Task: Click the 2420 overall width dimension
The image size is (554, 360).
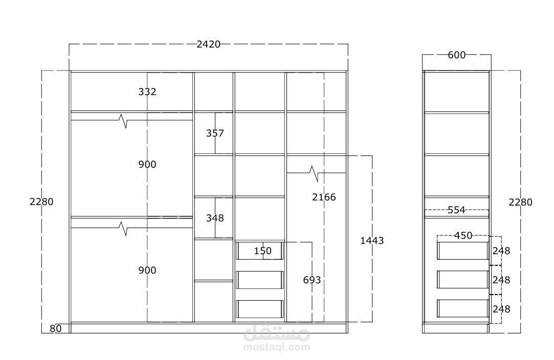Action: [x=209, y=44]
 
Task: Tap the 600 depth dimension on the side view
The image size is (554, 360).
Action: [x=456, y=55]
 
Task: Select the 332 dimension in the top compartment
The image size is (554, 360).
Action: [x=147, y=92]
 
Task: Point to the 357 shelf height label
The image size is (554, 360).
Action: [x=215, y=133]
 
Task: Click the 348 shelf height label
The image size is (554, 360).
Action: [x=215, y=218]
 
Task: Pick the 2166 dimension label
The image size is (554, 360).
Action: [x=324, y=197]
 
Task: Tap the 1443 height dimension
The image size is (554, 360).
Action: [x=372, y=240]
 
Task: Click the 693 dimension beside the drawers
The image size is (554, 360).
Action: [x=312, y=280]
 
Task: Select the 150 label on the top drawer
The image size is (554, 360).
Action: [x=263, y=251]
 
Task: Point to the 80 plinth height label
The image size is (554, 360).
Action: [x=55, y=329]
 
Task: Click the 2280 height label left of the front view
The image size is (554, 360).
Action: [x=41, y=201]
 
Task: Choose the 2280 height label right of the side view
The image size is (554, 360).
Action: [x=520, y=202]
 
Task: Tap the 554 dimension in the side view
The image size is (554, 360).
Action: [x=456, y=210]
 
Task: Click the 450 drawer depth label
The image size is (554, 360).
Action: [x=463, y=235]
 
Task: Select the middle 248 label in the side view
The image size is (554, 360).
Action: [x=501, y=280]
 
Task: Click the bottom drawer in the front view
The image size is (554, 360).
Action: [x=260, y=309]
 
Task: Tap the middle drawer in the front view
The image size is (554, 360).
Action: [x=260, y=280]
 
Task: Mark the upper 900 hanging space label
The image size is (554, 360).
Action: [x=147, y=164]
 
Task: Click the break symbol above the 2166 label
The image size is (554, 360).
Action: [x=314, y=173]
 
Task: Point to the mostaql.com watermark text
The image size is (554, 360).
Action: [x=277, y=347]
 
